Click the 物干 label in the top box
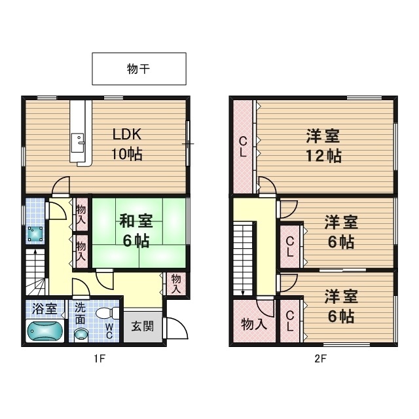(x=139, y=69)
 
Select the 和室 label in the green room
(x=135, y=221)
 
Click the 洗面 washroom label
(x=80, y=313)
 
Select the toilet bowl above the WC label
(x=105, y=314)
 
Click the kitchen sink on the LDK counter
(x=79, y=140)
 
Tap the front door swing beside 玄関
(x=173, y=327)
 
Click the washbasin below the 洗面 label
(x=80, y=334)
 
